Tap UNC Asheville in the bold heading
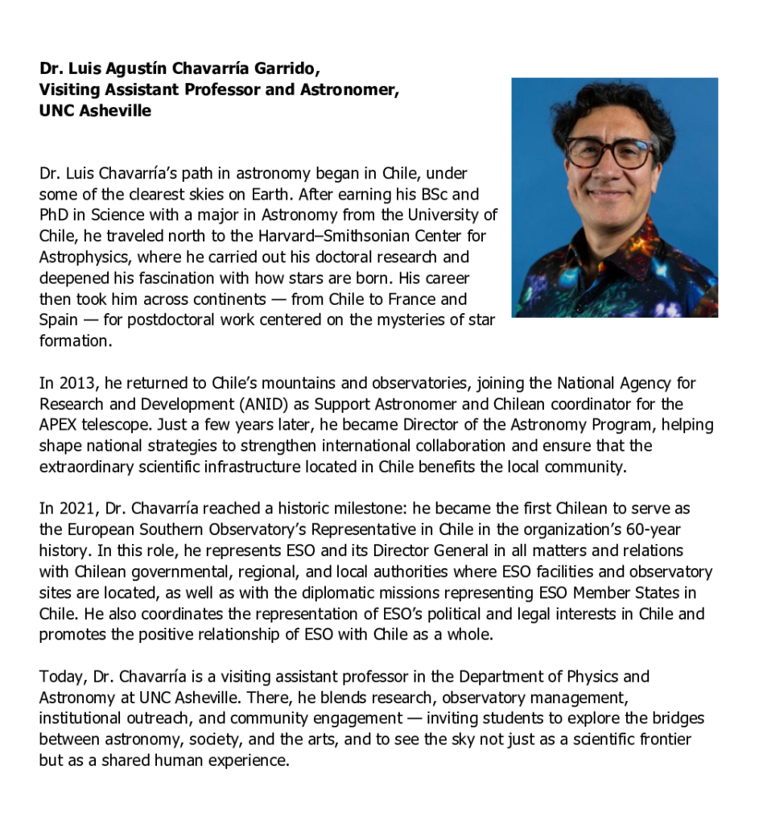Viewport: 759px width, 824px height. coord(95,111)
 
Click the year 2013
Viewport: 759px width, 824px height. coord(72,383)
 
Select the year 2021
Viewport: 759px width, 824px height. coord(72,509)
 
